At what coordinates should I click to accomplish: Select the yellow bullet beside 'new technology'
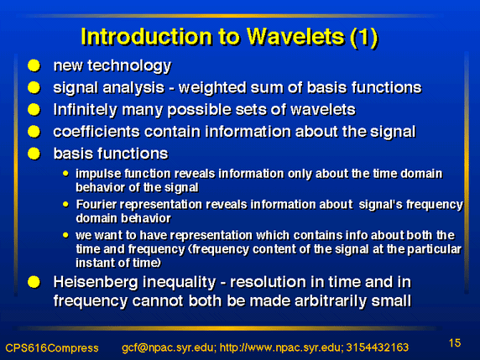click(34, 65)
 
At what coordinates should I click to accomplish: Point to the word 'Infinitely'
click(85, 110)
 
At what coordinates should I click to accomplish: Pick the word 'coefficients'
click(97, 132)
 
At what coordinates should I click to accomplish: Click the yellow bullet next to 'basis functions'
click(34, 154)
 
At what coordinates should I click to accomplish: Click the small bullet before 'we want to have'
click(65, 235)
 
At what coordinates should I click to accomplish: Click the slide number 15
click(455, 343)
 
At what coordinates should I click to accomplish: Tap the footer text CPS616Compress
click(52, 348)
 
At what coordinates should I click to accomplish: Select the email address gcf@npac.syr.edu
click(169, 347)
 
